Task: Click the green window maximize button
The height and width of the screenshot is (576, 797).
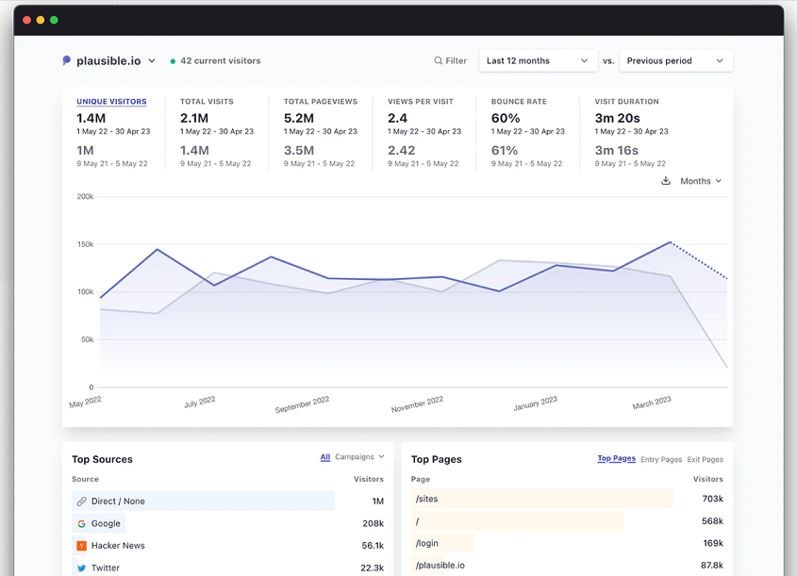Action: point(54,20)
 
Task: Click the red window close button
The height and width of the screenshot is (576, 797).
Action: point(26,20)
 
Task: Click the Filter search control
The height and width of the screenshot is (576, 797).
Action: point(450,61)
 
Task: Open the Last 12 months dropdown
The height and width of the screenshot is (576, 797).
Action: point(538,61)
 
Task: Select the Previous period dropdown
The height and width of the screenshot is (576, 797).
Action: point(675,61)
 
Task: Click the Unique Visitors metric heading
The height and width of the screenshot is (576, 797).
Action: point(111,102)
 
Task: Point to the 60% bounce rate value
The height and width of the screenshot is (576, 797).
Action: point(506,118)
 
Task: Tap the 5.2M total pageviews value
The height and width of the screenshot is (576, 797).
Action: point(299,118)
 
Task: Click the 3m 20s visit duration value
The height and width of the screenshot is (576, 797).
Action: point(617,118)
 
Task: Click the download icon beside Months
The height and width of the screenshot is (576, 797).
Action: point(666,181)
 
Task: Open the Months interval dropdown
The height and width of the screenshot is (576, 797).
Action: point(701,181)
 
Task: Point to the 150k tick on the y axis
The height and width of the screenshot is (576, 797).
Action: point(85,244)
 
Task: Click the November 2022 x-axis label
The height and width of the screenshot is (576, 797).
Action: point(417,404)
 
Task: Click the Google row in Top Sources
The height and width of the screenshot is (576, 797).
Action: point(106,523)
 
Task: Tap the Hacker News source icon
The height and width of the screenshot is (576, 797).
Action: point(81,546)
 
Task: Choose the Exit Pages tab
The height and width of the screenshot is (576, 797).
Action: point(705,460)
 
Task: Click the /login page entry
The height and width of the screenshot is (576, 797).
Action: point(427,543)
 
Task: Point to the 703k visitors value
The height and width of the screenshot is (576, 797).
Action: point(712,499)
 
